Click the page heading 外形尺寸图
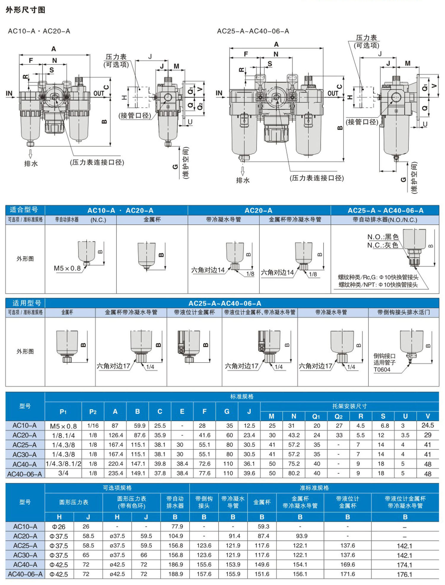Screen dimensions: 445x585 point(26,10)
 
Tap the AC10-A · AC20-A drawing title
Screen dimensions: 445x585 point(39,31)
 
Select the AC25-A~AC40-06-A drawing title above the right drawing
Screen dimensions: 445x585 point(253,31)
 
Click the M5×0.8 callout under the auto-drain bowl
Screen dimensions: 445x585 point(67,268)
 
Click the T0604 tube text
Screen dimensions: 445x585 point(382,370)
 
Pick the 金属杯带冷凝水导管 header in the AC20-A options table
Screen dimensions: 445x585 point(295,219)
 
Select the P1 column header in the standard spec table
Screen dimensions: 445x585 point(63,412)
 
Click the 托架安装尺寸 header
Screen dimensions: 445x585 point(349,406)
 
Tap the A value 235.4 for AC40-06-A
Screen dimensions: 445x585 point(116,473)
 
